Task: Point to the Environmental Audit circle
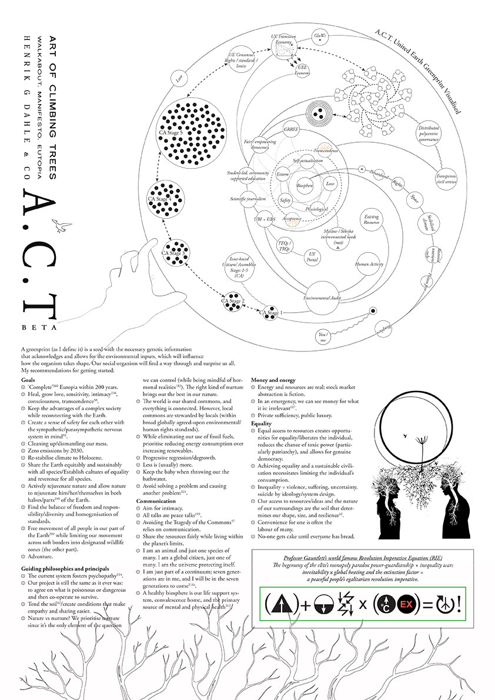tap(322, 297)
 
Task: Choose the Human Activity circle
tap(369, 264)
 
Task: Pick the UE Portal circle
tap(312, 256)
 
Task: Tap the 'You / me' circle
tap(322, 337)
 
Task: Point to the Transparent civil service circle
tap(447, 178)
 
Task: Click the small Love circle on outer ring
tap(179, 77)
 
